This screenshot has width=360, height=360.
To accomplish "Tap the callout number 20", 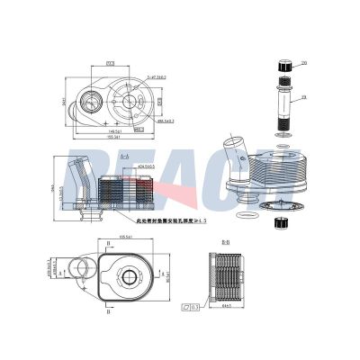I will (304, 63).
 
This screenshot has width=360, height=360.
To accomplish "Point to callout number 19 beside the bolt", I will (304, 96).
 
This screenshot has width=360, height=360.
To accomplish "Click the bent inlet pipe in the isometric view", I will (238, 148).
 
